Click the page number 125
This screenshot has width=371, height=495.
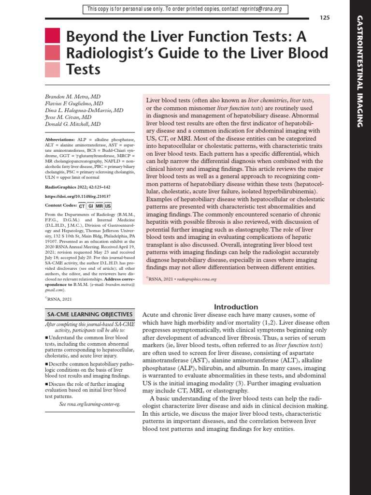point(325,18)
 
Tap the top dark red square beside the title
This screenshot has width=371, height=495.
point(52,36)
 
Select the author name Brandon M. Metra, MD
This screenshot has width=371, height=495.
point(73,97)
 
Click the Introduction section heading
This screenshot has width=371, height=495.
point(236,307)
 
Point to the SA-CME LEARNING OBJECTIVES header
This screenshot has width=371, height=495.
point(89,315)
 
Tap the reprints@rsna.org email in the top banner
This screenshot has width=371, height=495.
point(263,9)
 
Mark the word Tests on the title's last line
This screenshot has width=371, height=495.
point(83,70)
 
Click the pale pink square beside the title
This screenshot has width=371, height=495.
point(52,70)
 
